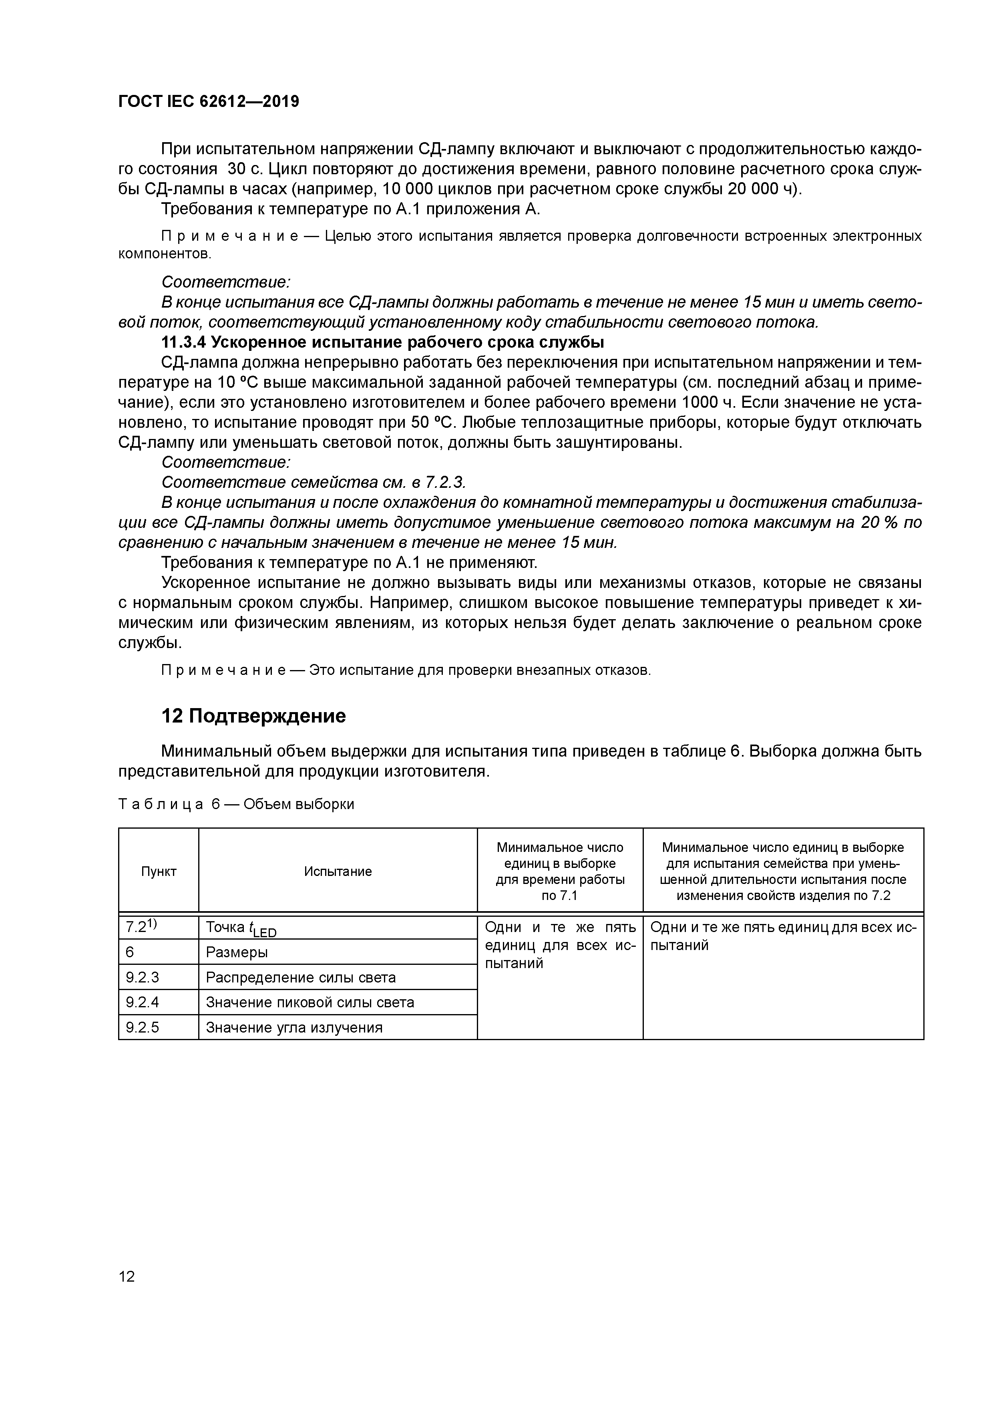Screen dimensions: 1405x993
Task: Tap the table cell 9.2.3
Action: tap(143, 977)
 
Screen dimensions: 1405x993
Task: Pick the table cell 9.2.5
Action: tap(143, 1027)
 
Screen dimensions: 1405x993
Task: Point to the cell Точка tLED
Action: tap(241, 928)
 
